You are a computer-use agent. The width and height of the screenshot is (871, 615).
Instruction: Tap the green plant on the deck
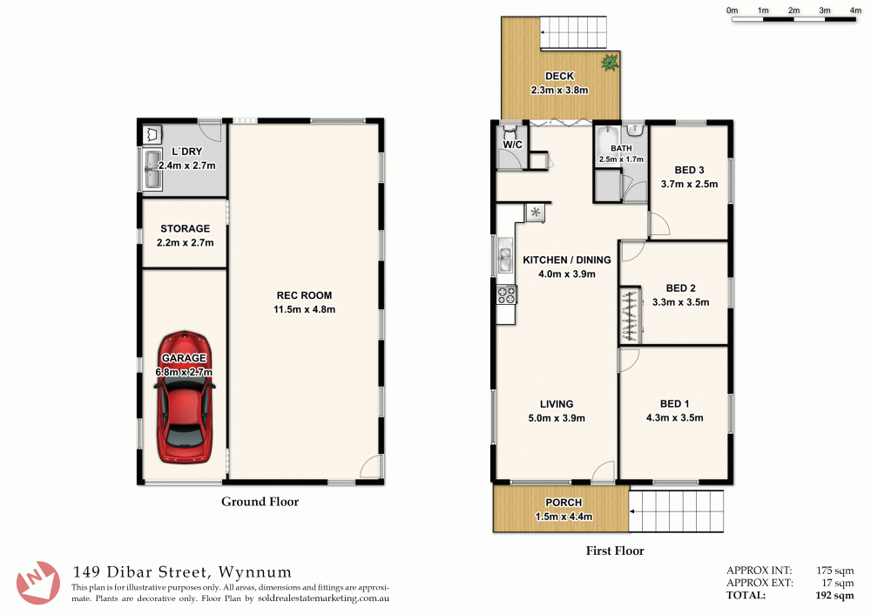point(610,62)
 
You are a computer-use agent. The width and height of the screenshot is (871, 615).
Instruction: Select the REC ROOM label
point(304,295)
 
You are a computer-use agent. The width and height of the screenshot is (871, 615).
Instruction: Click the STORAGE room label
point(185,229)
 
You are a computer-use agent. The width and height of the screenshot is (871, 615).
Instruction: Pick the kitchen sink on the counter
point(504,256)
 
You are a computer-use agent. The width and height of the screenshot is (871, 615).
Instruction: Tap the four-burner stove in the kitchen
point(505,295)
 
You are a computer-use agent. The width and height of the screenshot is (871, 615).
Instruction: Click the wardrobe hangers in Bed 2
point(628,314)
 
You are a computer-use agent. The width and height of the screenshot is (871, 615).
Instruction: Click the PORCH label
point(564,503)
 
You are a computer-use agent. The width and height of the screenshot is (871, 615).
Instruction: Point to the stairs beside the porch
point(677,510)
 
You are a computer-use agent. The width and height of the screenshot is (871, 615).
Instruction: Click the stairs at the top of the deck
point(570,34)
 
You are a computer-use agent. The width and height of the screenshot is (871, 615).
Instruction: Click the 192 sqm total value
point(834,596)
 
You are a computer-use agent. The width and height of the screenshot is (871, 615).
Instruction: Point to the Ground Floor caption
point(260,502)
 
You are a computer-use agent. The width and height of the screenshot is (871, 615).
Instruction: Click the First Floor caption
point(616,551)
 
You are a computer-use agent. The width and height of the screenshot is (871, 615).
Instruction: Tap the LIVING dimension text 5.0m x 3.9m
point(556,418)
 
